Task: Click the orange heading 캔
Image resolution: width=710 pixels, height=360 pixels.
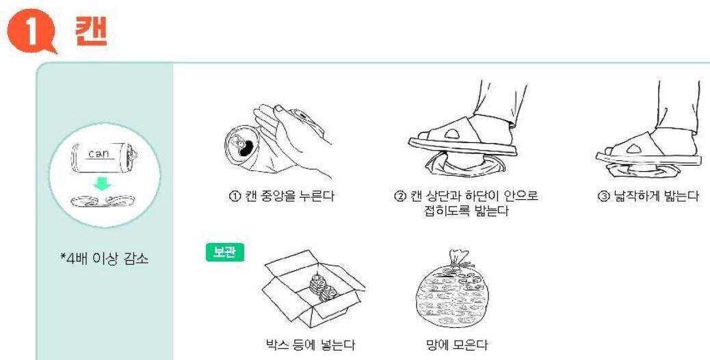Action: click(92, 31)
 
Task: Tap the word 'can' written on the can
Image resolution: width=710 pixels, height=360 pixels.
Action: click(98, 153)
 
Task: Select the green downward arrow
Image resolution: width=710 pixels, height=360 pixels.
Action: click(102, 183)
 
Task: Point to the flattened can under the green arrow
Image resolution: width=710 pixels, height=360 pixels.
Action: click(103, 201)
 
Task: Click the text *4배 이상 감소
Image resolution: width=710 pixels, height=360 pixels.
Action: click(105, 259)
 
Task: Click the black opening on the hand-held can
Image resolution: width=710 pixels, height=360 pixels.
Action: click(245, 149)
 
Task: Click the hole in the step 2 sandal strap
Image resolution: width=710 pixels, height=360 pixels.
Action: click(452, 133)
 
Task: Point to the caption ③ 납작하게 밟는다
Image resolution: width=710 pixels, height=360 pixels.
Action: click(648, 196)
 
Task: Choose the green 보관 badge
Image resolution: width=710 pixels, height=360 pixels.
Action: click(225, 253)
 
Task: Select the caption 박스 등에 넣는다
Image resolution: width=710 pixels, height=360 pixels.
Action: click(310, 345)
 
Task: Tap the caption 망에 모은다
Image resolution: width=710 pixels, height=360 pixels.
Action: click(457, 345)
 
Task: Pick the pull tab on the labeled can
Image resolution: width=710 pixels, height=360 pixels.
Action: click(133, 154)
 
